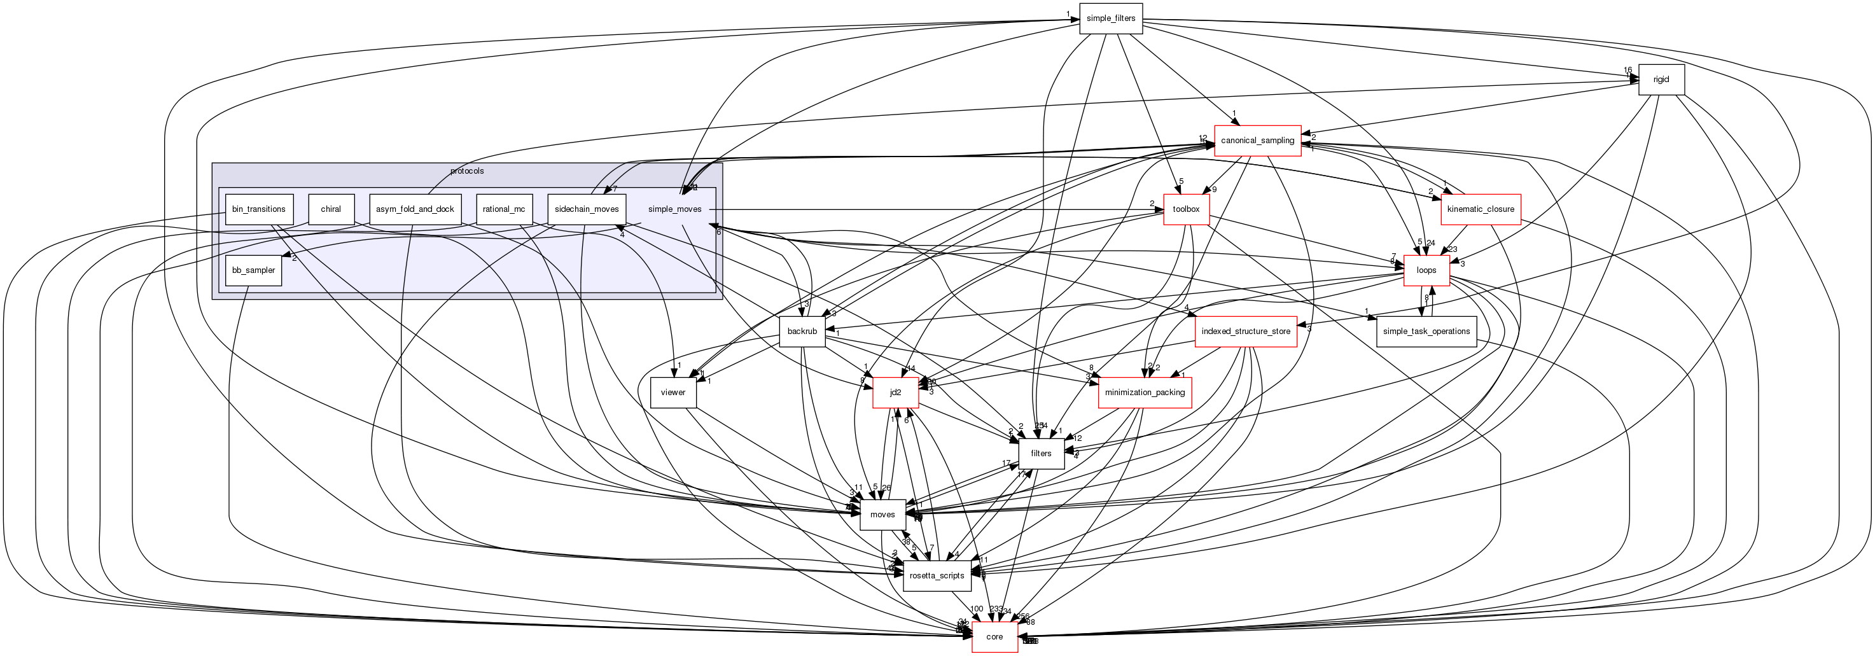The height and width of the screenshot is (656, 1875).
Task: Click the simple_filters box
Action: point(1111,18)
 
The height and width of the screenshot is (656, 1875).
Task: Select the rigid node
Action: point(1661,80)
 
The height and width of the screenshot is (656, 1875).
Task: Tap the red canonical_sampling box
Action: point(1257,141)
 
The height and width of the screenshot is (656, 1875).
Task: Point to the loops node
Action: point(1426,270)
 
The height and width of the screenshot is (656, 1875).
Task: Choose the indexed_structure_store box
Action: point(1245,331)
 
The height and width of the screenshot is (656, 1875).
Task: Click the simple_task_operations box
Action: point(1426,331)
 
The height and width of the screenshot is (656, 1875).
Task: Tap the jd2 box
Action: point(895,393)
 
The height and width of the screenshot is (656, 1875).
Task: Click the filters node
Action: point(1041,454)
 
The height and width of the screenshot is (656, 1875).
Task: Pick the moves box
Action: point(882,515)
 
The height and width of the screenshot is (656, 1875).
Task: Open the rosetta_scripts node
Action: point(937,576)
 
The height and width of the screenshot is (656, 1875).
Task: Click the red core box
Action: point(994,637)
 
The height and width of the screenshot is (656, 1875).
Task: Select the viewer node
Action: point(673,393)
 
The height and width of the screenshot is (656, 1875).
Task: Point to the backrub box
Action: point(802,331)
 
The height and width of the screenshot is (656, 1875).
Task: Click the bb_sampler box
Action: point(253,270)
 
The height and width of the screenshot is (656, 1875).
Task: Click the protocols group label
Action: point(466,171)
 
